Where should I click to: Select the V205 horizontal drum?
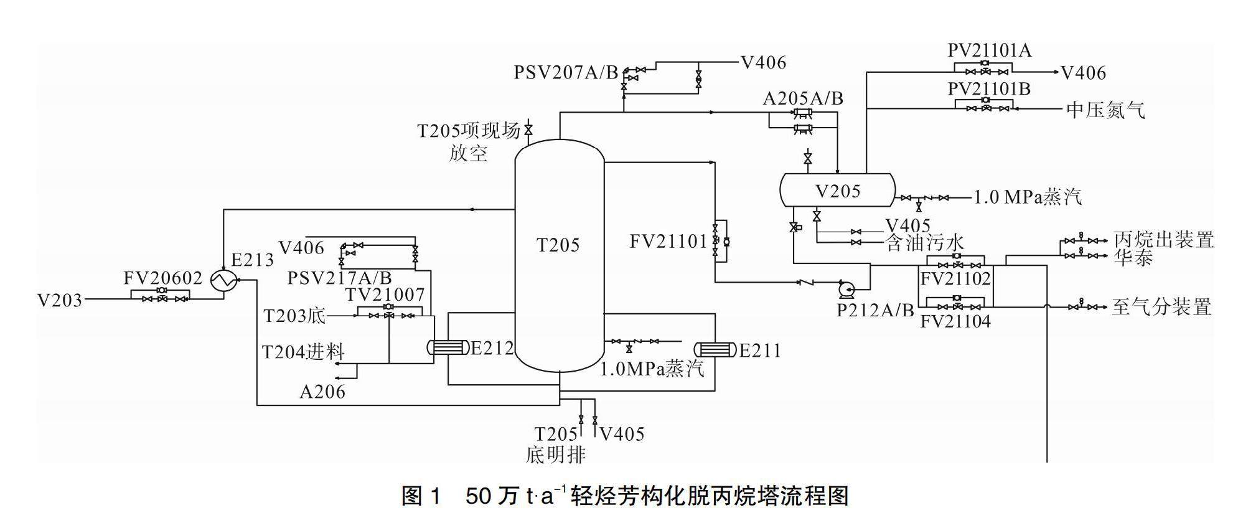(837, 191)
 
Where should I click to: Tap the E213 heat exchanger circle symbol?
(221, 281)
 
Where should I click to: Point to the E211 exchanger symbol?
(715, 349)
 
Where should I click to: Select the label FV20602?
(163, 278)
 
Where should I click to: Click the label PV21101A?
(989, 50)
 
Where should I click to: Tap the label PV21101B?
(988, 90)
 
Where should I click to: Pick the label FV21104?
(955, 322)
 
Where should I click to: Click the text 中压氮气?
(1105, 110)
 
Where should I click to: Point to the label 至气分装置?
(1161, 307)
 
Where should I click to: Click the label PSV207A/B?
(565, 73)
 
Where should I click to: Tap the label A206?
(322, 392)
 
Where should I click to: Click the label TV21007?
(385, 295)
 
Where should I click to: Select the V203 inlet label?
(60, 300)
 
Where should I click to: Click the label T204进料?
(303, 352)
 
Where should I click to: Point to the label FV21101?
(668, 241)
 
